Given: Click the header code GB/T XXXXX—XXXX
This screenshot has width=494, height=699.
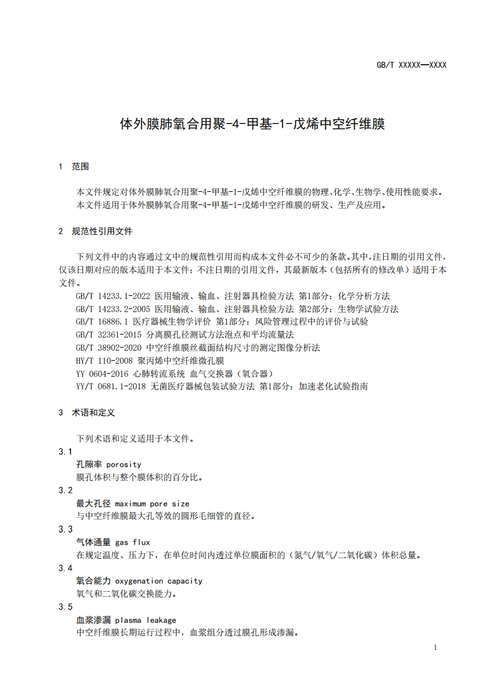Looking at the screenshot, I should pyautogui.click(x=412, y=65).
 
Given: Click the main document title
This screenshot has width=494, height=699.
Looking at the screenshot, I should pyautogui.click(x=252, y=123).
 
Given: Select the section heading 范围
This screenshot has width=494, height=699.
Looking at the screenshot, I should pyautogui.click(x=80, y=166).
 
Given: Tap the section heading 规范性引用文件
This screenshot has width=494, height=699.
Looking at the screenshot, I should pyautogui.click(x=102, y=231).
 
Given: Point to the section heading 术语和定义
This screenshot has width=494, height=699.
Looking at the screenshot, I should pyautogui.click(x=93, y=412).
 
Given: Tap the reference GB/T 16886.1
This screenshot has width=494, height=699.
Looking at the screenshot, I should pyautogui.click(x=102, y=322).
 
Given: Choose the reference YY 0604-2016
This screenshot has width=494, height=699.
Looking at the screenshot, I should pyautogui.click(x=102, y=373).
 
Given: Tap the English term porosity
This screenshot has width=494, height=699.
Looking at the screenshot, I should pyautogui.click(x=124, y=464).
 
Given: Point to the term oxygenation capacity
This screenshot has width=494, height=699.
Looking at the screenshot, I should pyautogui.click(x=159, y=581).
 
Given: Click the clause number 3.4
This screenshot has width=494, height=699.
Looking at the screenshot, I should pyautogui.click(x=65, y=568).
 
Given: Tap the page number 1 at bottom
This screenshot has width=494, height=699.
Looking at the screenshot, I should pyautogui.click(x=435, y=647).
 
